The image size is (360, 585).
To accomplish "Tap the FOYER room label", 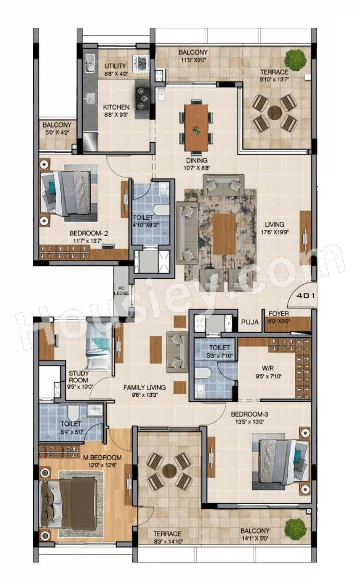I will (x=279, y=314).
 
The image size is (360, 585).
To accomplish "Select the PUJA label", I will (x=249, y=322).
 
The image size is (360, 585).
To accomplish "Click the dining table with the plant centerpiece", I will (x=197, y=124).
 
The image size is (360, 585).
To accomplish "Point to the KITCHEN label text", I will (x=116, y=107).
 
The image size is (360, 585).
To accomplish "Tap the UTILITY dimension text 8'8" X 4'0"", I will (x=115, y=74).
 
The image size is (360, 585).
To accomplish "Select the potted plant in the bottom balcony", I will (x=295, y=526).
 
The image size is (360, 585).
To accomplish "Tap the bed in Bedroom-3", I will (x=281, y=462).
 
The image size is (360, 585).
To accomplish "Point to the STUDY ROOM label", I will (x=79, y=376).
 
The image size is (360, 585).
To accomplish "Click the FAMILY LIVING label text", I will (x=144, y=387).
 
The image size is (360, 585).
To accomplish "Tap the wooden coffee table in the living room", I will (x=224, y=234).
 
